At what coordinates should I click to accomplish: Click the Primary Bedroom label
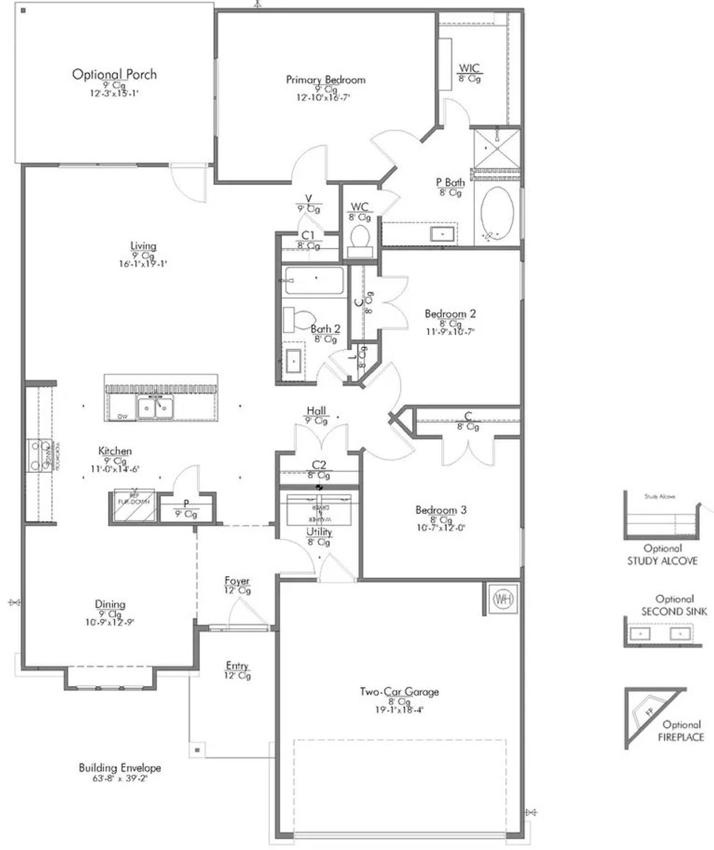[x=326, y=80]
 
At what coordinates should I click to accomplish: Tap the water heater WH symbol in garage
[x=503, y=599]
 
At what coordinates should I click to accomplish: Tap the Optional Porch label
[x=114, y=74]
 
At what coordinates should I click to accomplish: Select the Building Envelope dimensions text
[x=119, y=779]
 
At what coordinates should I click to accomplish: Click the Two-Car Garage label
[x=399, y=692]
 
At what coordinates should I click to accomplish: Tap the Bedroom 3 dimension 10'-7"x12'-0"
[x=441, y=528]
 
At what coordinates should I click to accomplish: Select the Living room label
[x=143, y=246]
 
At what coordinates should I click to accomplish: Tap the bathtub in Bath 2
[x=314, y=280]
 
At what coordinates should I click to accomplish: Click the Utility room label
[x=319, y=532]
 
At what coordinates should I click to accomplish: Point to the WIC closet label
[x=469, y=68]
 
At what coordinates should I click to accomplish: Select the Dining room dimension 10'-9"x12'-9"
[x=110, y=622]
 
